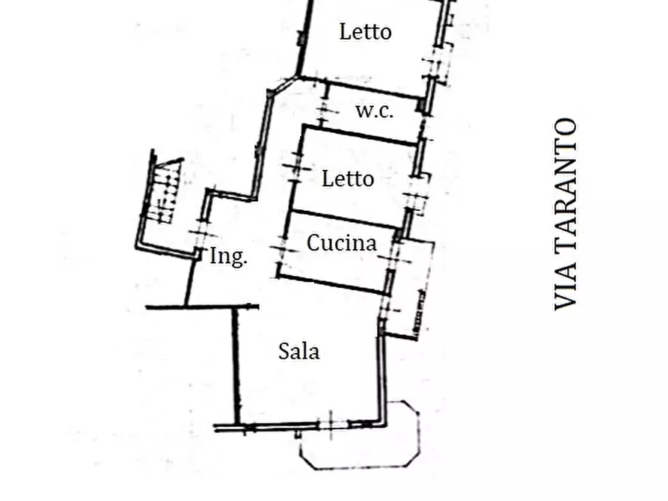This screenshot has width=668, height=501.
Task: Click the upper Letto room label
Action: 366,32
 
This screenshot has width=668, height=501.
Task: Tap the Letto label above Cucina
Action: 348,179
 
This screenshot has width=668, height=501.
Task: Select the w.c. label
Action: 375,111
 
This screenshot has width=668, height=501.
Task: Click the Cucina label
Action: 342,243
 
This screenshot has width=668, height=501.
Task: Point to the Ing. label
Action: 228,256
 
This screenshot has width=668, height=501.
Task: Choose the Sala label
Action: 298,351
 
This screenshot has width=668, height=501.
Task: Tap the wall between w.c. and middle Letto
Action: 359,135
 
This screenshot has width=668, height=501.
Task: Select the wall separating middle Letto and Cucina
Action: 345,219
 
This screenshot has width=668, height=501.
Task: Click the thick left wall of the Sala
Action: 236,366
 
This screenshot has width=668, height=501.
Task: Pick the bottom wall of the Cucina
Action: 333,284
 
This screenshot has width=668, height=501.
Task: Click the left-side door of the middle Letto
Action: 296,168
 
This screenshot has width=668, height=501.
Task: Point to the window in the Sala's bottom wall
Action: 332,424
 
